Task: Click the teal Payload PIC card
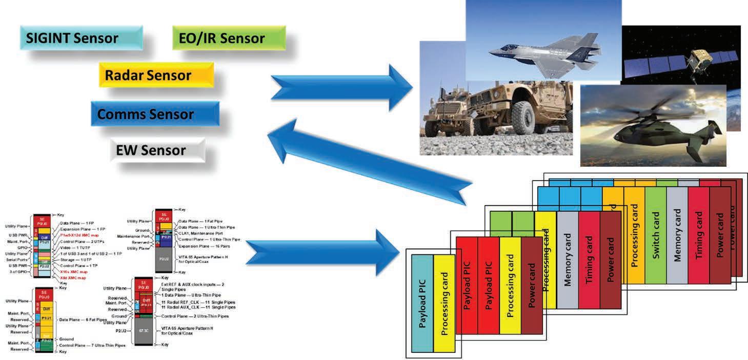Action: [422, 303]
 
